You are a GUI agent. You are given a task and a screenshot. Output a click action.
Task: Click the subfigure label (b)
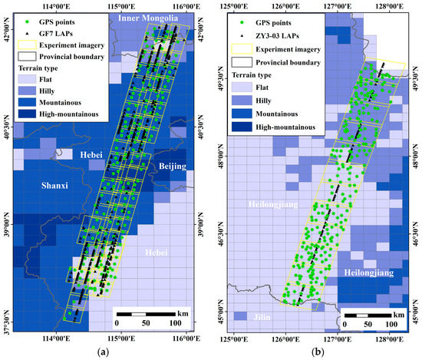pos(315,352)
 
